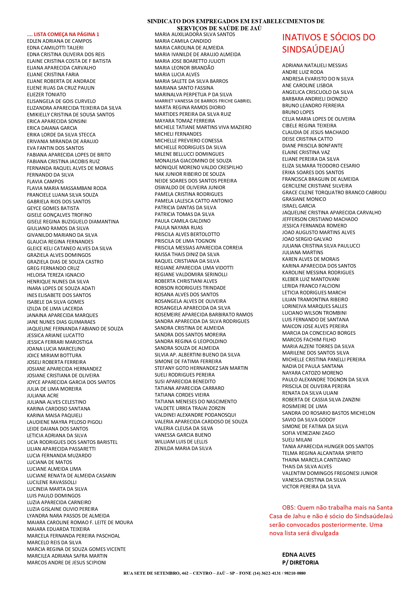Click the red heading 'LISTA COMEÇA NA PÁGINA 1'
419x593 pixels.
[66, 34]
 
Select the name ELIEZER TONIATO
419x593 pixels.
[47, 95]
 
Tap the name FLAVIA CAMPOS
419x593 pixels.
[45, 182]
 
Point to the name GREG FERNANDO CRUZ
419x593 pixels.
[53, 268]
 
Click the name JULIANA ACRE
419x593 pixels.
[43, 395]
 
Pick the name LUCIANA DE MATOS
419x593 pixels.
[50, 462]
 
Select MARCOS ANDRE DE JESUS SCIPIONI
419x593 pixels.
[66, 562]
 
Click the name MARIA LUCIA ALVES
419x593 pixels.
[177, 74]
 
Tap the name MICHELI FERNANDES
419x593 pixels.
[178, 134]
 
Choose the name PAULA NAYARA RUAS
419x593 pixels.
[179, 227]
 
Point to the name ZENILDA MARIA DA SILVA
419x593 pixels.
[183, 448]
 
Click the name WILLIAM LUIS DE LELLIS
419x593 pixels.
[181, 442]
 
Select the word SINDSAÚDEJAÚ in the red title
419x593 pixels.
[313, 49]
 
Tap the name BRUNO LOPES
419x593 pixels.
[298, 112]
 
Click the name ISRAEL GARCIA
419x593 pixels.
[299, 206]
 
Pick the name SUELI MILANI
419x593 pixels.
[297, 440]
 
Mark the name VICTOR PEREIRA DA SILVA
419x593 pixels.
[311, 487]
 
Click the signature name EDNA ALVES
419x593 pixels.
[299, 555]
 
